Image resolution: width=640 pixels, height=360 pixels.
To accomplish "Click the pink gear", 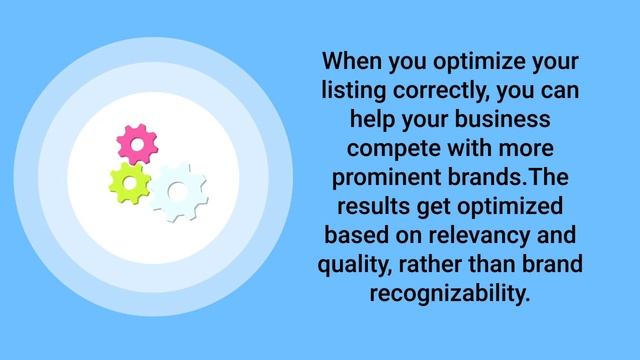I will click(x=138, y=145).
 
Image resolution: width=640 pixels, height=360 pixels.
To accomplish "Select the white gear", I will click(x=179, y=191).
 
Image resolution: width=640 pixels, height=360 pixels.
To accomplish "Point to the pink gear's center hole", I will click(x=138, y=145).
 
